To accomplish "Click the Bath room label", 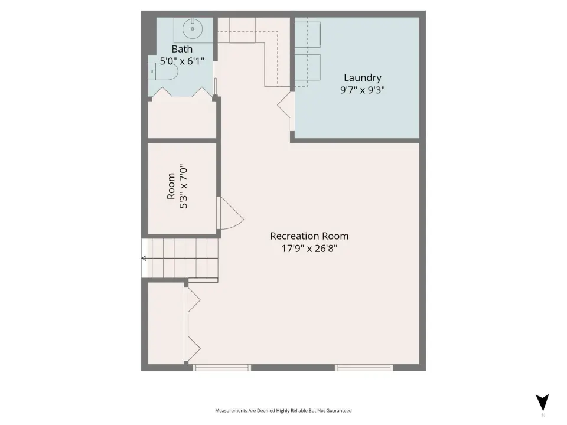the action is [182, 49].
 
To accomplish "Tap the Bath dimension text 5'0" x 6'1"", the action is [182, 61].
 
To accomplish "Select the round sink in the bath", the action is [193, 28].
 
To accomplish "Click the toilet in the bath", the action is [163, 71].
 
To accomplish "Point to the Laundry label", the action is [362, 78].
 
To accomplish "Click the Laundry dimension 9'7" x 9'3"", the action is [362, 90].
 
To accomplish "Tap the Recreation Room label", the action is [309, 236].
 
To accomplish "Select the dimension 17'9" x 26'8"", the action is [309, 249].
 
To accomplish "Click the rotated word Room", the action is [171, 186].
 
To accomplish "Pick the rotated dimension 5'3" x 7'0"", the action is [183, 187].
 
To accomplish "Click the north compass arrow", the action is [542, 402].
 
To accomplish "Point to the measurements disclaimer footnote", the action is [283, 411].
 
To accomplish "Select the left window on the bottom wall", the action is [221, 368].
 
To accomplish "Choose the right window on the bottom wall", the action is [364, 368].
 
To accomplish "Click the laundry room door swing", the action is [284, 105].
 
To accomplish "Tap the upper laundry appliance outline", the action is [307, 35].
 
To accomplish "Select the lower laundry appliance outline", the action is [307, 67].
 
